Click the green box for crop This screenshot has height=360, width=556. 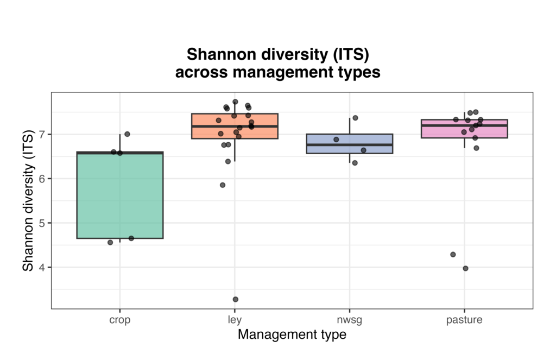pos(120,196)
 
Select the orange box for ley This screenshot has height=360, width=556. pos(235,126)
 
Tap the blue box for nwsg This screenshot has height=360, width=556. pos(349,143)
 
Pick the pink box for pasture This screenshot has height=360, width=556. pos(464,129)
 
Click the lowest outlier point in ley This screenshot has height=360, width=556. pos(236,299)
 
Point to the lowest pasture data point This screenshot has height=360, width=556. pos(465,268)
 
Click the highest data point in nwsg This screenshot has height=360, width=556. pos(355,118)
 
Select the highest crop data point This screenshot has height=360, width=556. pos(127,134)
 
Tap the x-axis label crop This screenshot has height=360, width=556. pos(120,320)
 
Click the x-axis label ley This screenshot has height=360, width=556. pos(235,320)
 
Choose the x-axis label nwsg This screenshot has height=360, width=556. pos(349,320)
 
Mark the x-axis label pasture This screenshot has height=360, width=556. pos(464,320)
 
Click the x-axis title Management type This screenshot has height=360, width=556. pos(292,334)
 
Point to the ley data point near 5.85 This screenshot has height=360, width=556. pos(223,185)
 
